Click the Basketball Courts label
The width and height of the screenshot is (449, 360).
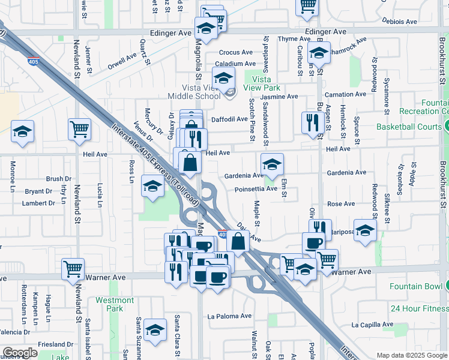tap(409, 127)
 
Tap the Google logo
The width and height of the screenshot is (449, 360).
tap(20, 353)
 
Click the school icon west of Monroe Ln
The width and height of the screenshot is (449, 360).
tap(22, 132)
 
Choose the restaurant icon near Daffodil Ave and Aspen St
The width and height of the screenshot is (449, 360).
tap(312, 123)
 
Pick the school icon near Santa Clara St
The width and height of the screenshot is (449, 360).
tap(155, 329)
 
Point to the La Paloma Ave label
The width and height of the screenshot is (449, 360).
tap(229, 316)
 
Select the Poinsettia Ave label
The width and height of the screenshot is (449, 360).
tap(256, 188)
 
